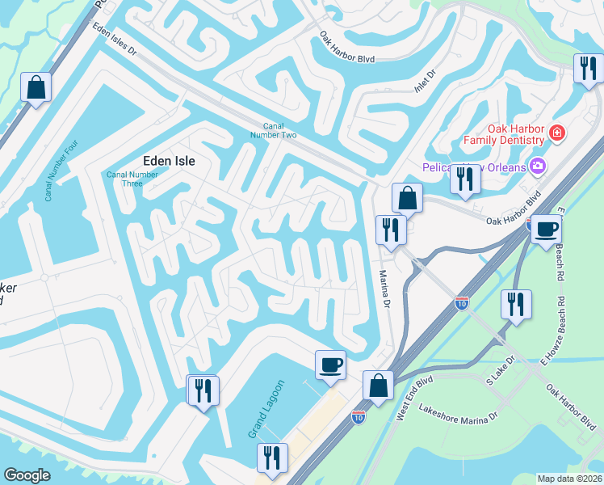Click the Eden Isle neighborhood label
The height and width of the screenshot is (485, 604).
[170, 160]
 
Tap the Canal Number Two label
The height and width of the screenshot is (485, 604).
[279, 130]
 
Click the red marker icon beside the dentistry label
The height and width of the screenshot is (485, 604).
[556, 133]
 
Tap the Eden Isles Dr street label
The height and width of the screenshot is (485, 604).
[115, 40]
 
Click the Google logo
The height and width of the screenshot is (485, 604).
[27, 475]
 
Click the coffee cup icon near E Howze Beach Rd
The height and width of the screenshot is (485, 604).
[545, 229]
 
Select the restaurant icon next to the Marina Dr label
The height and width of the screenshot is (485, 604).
[389, 230]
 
